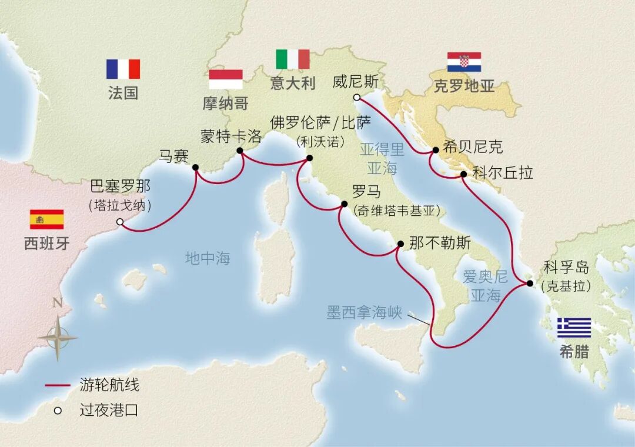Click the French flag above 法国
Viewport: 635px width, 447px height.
[x=123, y=69]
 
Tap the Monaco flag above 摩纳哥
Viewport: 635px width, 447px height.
[x=226, y=79]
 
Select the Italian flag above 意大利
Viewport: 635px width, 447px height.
[x=293, y=59]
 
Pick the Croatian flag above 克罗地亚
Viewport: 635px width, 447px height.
[x=464, y=62]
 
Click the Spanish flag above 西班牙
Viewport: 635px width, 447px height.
[x=46, y=219]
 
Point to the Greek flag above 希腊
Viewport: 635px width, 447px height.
[x=574, y=328]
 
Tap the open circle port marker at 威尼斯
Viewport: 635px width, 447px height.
[x=356, y=98]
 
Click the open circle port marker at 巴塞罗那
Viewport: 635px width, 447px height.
[x=120, y=222]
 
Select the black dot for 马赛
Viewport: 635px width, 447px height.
[x=196, y=168]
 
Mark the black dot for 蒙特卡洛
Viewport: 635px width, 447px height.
[x=240, y=151]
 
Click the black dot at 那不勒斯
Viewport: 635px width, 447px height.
[x=400, y=243]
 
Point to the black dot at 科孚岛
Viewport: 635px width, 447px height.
[x=529, y=283]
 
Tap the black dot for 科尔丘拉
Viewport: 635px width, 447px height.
[x=464, y=174]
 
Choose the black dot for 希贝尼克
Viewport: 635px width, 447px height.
[x=436, y=150]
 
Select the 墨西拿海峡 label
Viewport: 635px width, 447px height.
[x=364, y=312]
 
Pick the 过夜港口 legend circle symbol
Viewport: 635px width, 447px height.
[x=58, y=411]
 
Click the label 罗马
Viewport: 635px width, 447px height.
[x=366, y=192]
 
